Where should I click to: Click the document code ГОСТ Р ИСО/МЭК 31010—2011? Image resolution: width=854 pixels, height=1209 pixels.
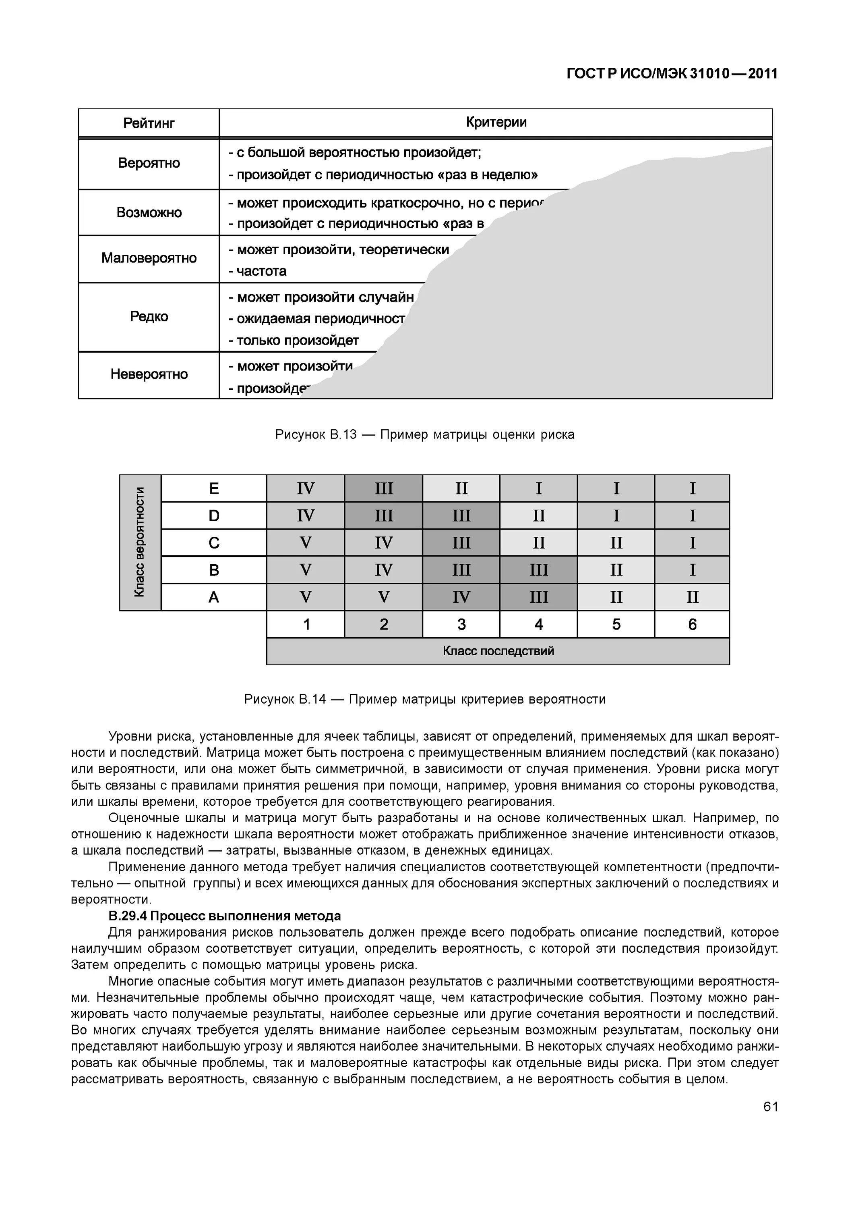point(672,74)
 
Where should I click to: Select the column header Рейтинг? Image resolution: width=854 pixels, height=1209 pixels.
point(149,123)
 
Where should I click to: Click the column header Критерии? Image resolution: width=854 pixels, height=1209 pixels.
point(496,123)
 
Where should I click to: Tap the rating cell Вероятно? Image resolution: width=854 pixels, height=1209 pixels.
point(149,163)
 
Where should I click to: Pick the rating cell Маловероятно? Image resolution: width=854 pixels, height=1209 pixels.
point(149,258)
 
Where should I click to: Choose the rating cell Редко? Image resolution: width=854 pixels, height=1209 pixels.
point(149,316)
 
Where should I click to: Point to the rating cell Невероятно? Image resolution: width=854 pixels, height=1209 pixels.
point(149,374)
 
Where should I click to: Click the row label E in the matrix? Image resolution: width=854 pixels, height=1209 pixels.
point(214,489)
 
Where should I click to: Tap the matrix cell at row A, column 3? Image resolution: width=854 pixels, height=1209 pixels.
point(461,597)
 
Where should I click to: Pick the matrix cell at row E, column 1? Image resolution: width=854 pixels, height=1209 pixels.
point(305,489)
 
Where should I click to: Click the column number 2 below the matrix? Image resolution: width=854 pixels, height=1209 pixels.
point(384,625)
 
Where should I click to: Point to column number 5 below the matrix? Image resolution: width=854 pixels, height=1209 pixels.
point(616,625)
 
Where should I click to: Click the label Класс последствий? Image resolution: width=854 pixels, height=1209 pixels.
point(498,651)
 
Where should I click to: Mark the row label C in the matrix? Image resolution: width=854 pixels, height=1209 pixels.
point(214,543)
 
